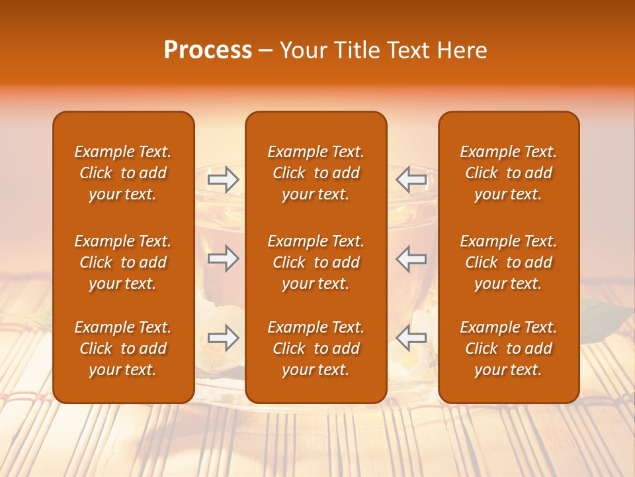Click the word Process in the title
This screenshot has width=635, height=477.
208,50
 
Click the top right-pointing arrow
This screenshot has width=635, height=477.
223,180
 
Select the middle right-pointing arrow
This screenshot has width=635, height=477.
223,258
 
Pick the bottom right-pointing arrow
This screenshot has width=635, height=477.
223,338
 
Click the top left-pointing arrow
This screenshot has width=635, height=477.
411,180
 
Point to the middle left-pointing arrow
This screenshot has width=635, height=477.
411,258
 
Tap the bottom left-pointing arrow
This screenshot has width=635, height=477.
411,338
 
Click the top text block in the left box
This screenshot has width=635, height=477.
123,173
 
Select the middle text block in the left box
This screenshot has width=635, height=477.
123,262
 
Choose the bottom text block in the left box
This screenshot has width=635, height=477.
123,348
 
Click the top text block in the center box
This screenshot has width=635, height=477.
316,173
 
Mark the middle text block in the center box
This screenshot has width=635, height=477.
316,262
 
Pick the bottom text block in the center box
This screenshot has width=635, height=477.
316,348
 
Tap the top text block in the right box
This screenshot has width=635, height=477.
508,173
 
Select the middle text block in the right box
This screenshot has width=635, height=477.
508,262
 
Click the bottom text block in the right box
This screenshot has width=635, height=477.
508,348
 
